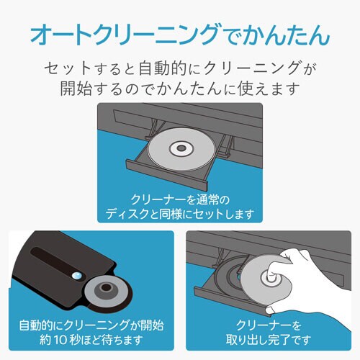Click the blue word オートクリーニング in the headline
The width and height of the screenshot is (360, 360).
[x=125, y=35]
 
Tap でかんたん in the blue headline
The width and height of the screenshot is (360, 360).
[x=274, y=35]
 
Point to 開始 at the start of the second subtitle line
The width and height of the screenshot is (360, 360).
[x=76, y=88]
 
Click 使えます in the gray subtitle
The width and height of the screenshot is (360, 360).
[x=269, y=88]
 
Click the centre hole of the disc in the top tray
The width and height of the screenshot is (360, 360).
[x=181, y=148]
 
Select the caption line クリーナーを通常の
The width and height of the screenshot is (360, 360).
[x=180, y=200]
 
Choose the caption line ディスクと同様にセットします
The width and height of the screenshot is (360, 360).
[x=180, y=214]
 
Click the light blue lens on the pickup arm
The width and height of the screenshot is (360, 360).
[x=77, y=275]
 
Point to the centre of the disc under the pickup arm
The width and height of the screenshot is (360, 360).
[x=107, y=287]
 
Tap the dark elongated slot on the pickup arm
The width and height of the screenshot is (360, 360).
[x=58, y=263]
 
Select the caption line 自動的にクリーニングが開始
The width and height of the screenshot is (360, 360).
[x=91, y=325]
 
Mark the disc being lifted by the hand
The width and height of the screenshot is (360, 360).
[x=266, y=279]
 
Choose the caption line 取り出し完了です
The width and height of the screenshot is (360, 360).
[x=269, y=340]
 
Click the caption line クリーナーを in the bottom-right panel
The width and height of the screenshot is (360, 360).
[x=269, y=325]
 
